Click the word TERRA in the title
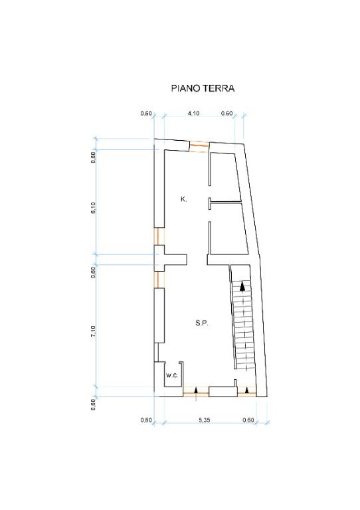click(x=220, y=88)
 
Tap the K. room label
click(x=183, y=199)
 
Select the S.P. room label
click(x=203, y=323)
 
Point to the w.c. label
click(x=171, y=376)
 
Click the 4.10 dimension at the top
click(x=193, y=114)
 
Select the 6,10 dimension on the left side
click(x=94, y=207)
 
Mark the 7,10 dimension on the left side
click(x=94, y=332)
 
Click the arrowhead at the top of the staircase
click(x=243, y=287)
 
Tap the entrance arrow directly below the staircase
click(x=246, y=390)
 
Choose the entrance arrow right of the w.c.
click(x=196, y=391)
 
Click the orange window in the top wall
click(x=199, y=147)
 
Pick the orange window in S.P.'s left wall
click(x=157, y=279)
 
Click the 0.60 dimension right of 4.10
click(x=226, y=114)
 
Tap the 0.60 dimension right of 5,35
click(x=248, y=420)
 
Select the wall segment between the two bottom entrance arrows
click(x=223, y=392)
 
